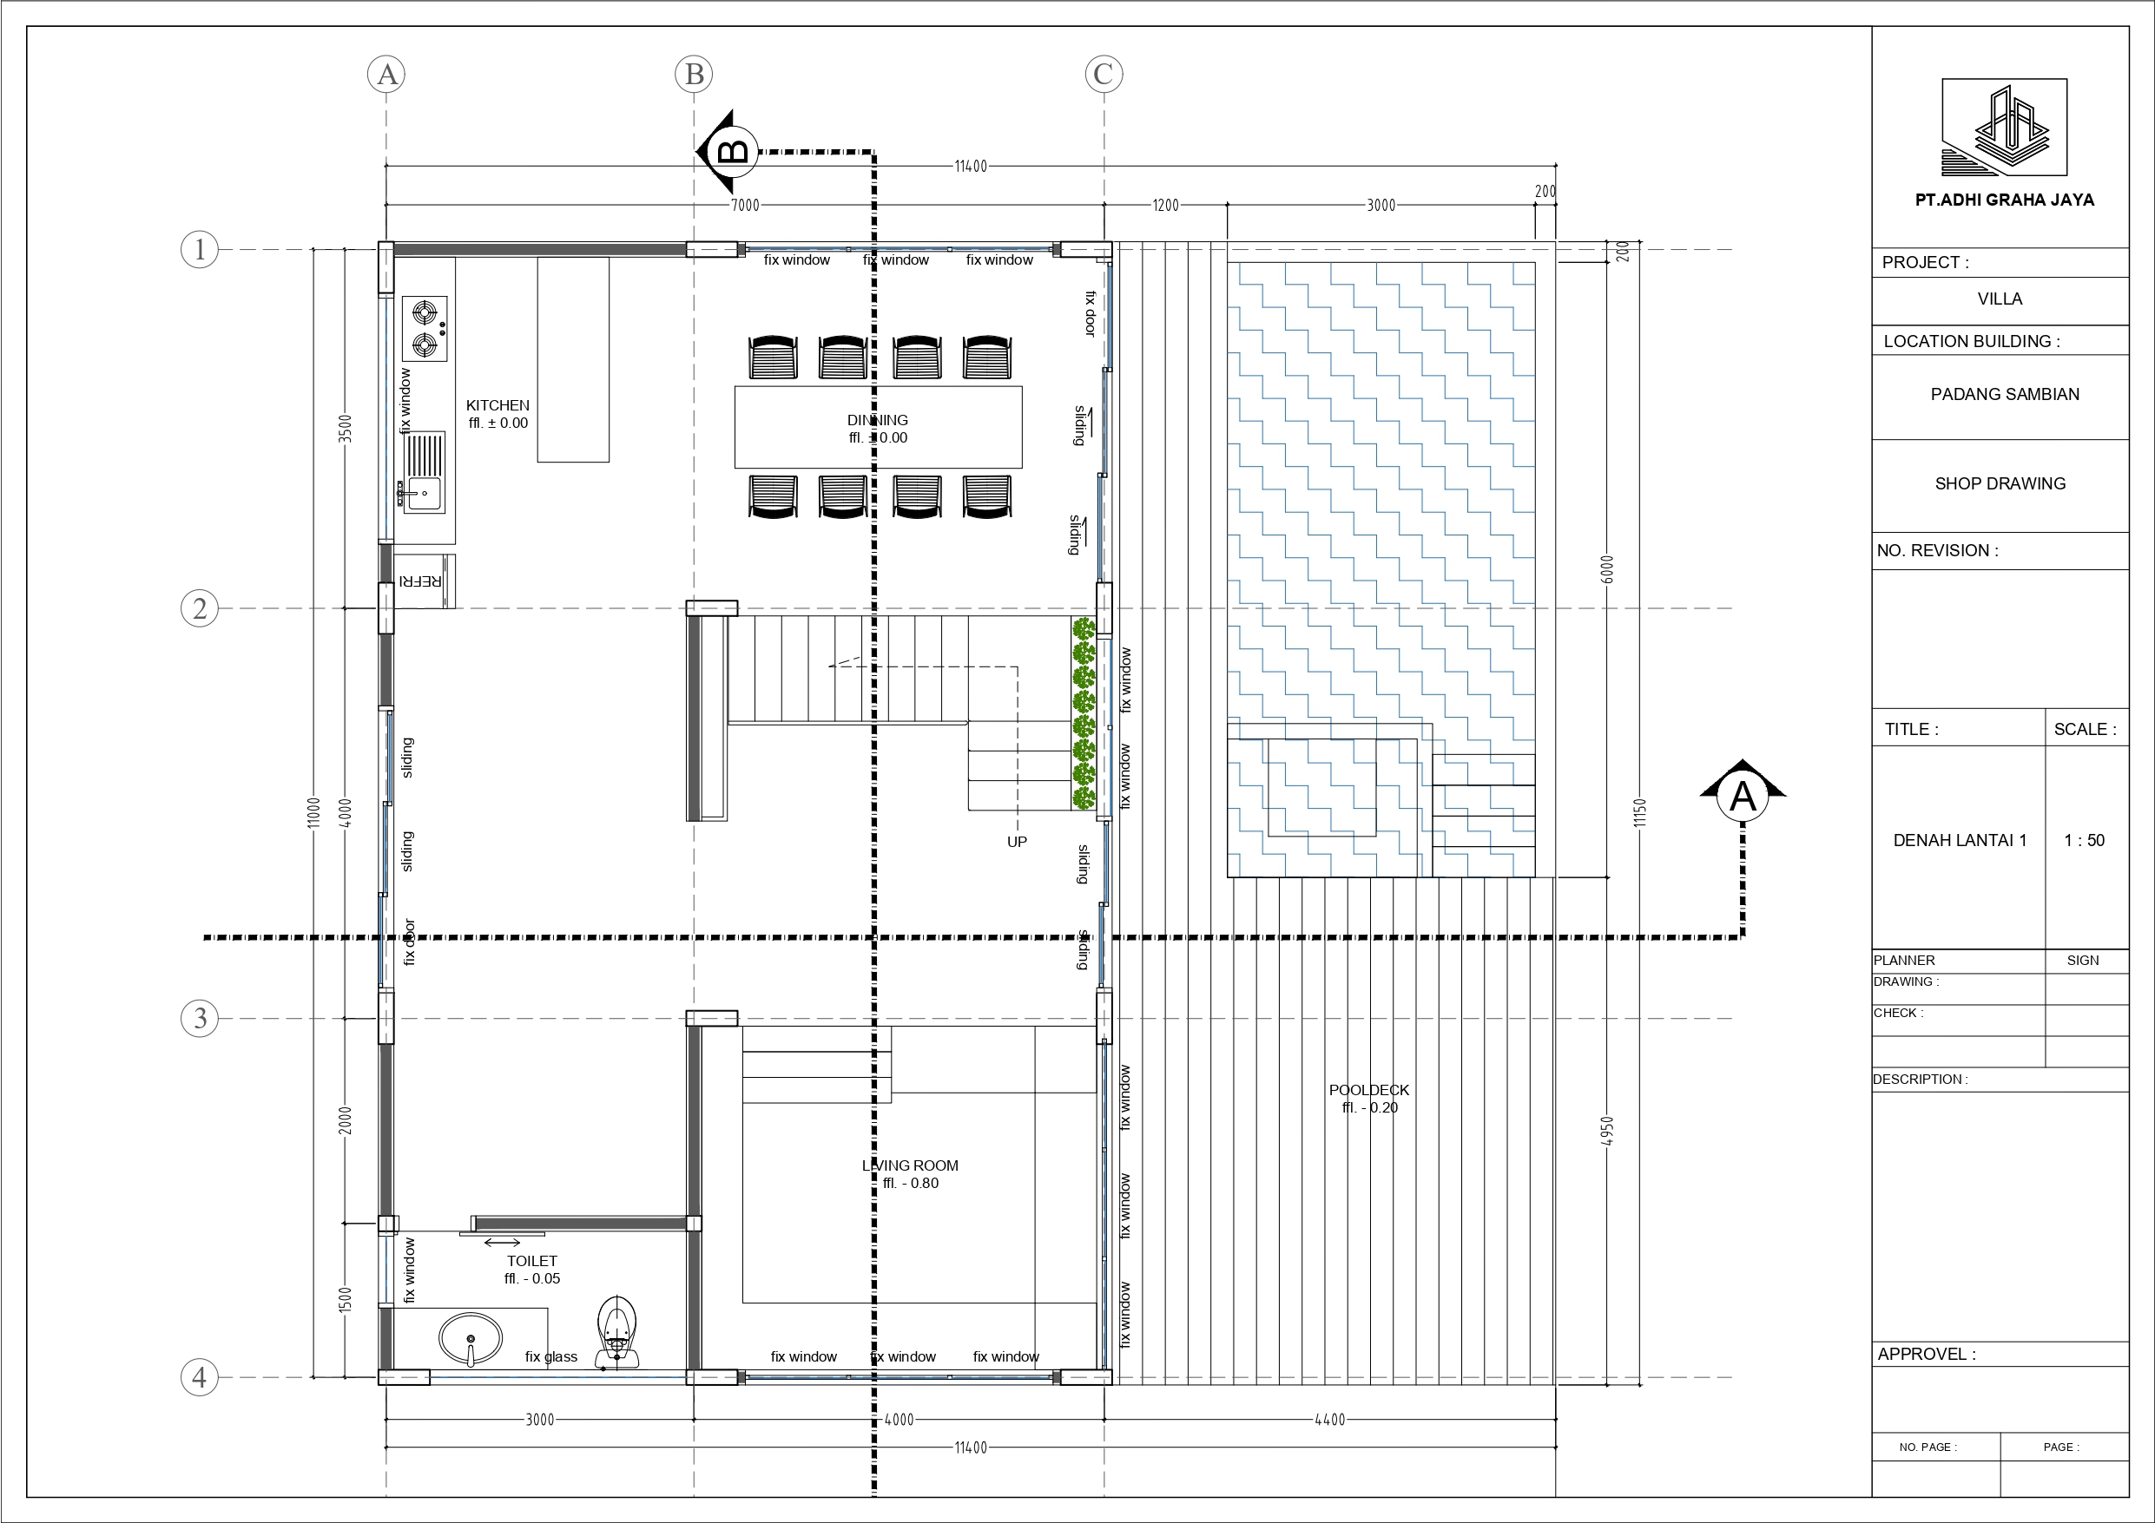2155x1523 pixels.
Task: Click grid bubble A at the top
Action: (386, 74)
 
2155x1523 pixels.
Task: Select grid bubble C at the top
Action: (1103, 74)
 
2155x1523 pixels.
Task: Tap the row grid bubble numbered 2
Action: (199, 608)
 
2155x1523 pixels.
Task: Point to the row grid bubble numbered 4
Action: (199, 1376)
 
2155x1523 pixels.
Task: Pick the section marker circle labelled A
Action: (1743, 797)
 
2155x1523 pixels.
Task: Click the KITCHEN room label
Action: (498, 405)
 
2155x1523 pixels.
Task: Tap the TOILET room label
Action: (532, 1261)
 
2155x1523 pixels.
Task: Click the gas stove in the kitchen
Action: (425, 328)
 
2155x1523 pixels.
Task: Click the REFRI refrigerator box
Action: (425, 581)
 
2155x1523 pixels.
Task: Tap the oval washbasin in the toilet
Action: (471, 1339)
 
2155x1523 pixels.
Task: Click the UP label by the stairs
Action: (1017, 842)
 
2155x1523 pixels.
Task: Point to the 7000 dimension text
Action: (744, 205)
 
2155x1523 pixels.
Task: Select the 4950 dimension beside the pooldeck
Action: (1607, 1130)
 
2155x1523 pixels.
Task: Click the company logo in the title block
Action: (2004, 127)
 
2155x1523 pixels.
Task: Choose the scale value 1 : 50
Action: (2084, 840)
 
